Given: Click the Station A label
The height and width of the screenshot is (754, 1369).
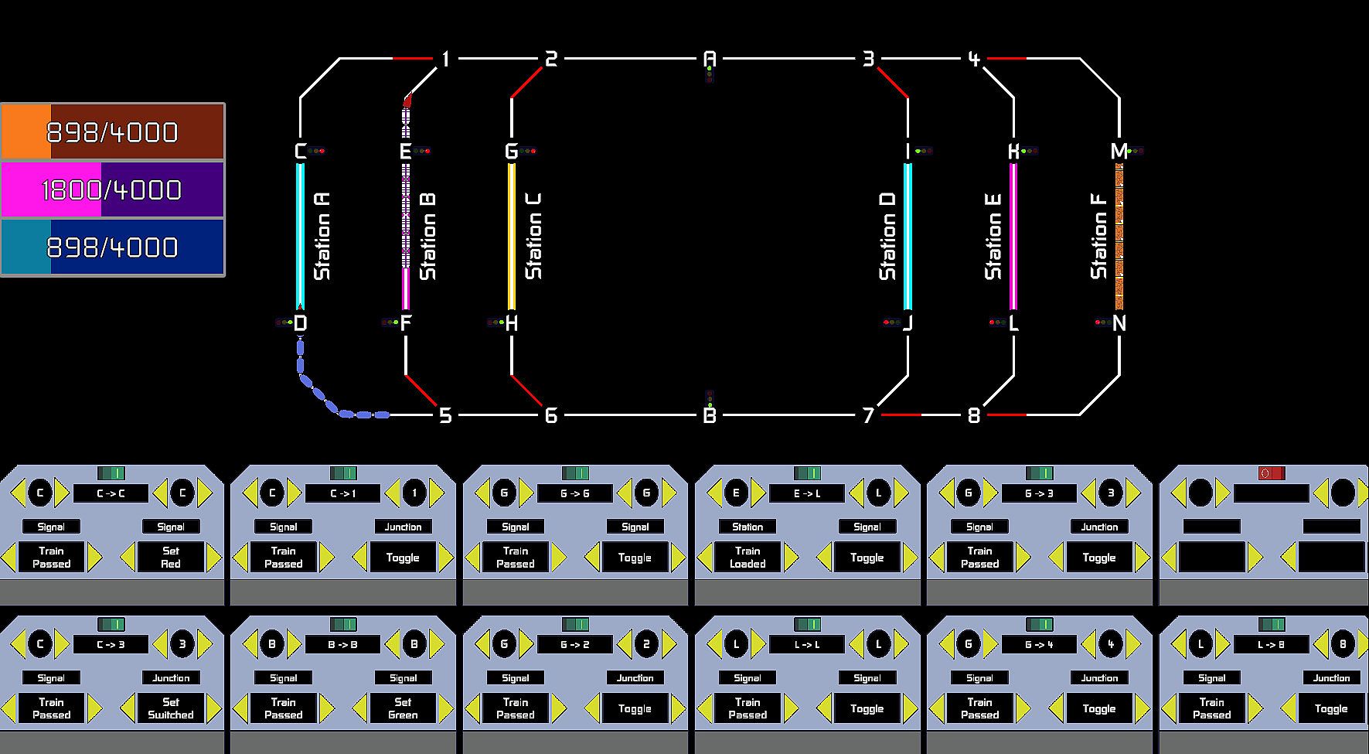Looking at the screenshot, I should pyautogui.click(x=322, y=236).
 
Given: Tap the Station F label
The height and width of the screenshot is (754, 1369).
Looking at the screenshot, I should pyautogui.click(x=1098, y=236).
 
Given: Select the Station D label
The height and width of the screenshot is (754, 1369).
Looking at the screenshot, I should pyautogui.click(x=887, y=236).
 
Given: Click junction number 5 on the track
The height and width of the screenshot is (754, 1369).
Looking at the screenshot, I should pyautogui.click(x=445, y=416).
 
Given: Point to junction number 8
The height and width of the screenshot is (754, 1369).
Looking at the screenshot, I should pyautogui.click(x=974, y=416).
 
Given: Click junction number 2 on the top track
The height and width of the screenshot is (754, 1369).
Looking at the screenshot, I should pyautogui.click(x=551, y=59).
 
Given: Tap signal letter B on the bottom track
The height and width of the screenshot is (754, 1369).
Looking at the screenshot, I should pyautogui.click(x=710, y=416).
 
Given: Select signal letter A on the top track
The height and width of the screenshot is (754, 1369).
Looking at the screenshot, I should pyautogui.click(x=710, y=59).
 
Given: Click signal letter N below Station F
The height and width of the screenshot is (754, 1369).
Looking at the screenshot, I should pyautogui.click(x=1119, y=323).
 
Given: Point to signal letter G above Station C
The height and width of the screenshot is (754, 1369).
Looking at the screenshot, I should pyautogui.click(x=511, y=152).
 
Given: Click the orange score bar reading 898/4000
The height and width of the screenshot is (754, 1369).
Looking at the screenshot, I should pyautogui.click(x=113, y=132).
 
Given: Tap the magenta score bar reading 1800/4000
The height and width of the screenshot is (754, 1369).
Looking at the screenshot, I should pyautogui.click(x=113, y=189).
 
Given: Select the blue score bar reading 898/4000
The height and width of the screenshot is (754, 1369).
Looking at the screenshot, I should pyautogui.click(x=113, y=247).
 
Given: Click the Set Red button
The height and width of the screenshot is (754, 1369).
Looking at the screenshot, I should pyautogui.click(x=171, y=558).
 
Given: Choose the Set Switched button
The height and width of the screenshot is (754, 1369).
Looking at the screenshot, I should pyautogui.click(x=171, y=708).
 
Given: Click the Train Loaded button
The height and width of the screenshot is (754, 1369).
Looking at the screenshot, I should pyautogui.click(x=748, y=558).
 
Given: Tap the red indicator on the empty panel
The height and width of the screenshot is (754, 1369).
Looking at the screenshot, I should pyautogui.click(x=1271, y=473).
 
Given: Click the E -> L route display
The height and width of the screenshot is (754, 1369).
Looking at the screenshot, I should pyautogui.click(x=807, y=493).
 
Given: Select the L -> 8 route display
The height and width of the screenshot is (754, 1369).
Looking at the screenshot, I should pyautogui.click(x=1271, y=644).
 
